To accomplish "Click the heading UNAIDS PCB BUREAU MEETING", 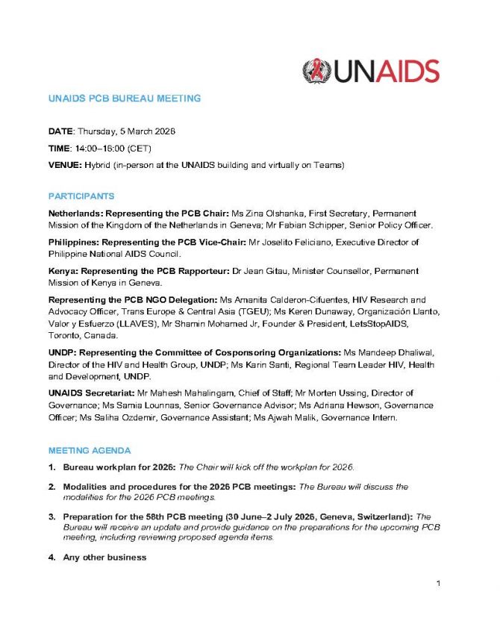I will click(x=125, y=99).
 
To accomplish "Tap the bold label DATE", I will click(x=60, y=131).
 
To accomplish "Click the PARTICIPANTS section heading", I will click(x=81, y=196).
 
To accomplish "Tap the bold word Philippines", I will click(x=73, y=243).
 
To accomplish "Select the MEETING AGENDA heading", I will click(x=90, y=451).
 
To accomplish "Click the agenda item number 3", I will click(x=52, y=516).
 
